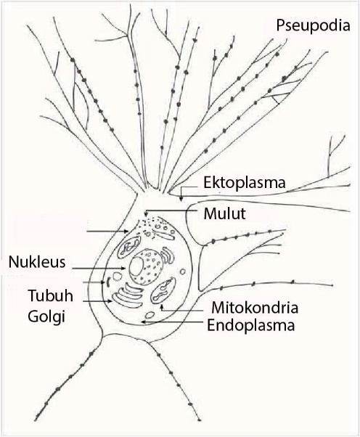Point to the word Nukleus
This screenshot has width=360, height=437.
pyautogui.click(x=36, y=260)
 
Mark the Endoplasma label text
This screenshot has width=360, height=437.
pyautogui.click(x=251, y=324)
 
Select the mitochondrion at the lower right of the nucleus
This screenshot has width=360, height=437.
pyautogui.click(x=163, y=290)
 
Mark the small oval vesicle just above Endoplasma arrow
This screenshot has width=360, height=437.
pyautogui.click(x=150, y=316)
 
